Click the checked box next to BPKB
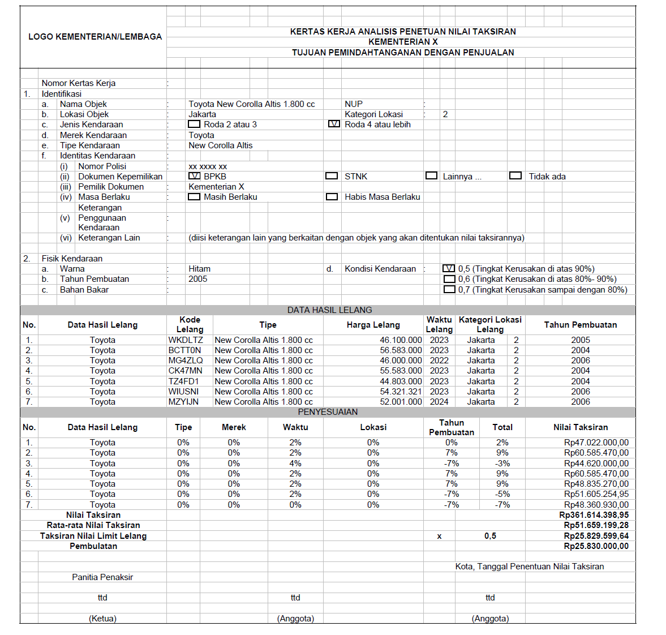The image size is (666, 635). [194, 176]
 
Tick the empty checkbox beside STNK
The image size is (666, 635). [332, 176]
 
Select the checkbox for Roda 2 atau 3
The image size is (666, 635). [194, 124]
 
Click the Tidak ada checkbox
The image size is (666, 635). [515, 175]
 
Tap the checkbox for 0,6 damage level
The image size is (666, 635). [449, 279]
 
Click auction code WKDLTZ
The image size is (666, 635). [185, 340]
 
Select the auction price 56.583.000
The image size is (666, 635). [401, 350]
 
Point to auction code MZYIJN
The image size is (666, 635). [183, 402]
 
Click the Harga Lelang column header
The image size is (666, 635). [373, 325]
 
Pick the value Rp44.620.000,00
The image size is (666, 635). [596, 464]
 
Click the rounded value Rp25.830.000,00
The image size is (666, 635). [596, 546]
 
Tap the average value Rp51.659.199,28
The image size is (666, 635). [596, 525]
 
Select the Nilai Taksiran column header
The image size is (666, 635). [580, 427]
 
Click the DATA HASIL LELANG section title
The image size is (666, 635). [329, 310]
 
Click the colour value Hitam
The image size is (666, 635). [199, 269]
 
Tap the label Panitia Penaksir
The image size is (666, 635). [102, 577]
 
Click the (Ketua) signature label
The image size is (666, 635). [102, 619]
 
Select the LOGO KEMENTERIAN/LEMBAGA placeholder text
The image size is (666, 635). [95, 37]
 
